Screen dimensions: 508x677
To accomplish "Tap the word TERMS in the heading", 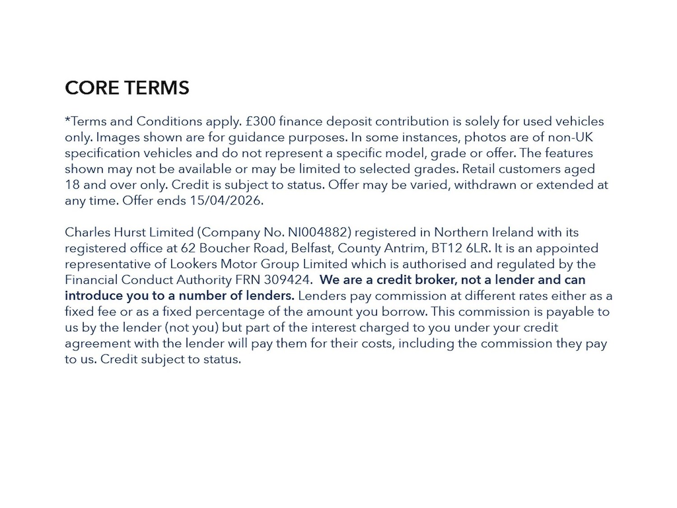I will [x=157, y=88].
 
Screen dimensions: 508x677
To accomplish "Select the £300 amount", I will [x=260, y=121].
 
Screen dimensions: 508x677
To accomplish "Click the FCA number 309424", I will [x=287, y=280].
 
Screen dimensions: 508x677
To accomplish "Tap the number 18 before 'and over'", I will [x=72, y=185].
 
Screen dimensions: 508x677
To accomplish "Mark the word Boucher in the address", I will [x=221, y=248].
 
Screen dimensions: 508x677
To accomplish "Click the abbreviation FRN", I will [x=248, y=280].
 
